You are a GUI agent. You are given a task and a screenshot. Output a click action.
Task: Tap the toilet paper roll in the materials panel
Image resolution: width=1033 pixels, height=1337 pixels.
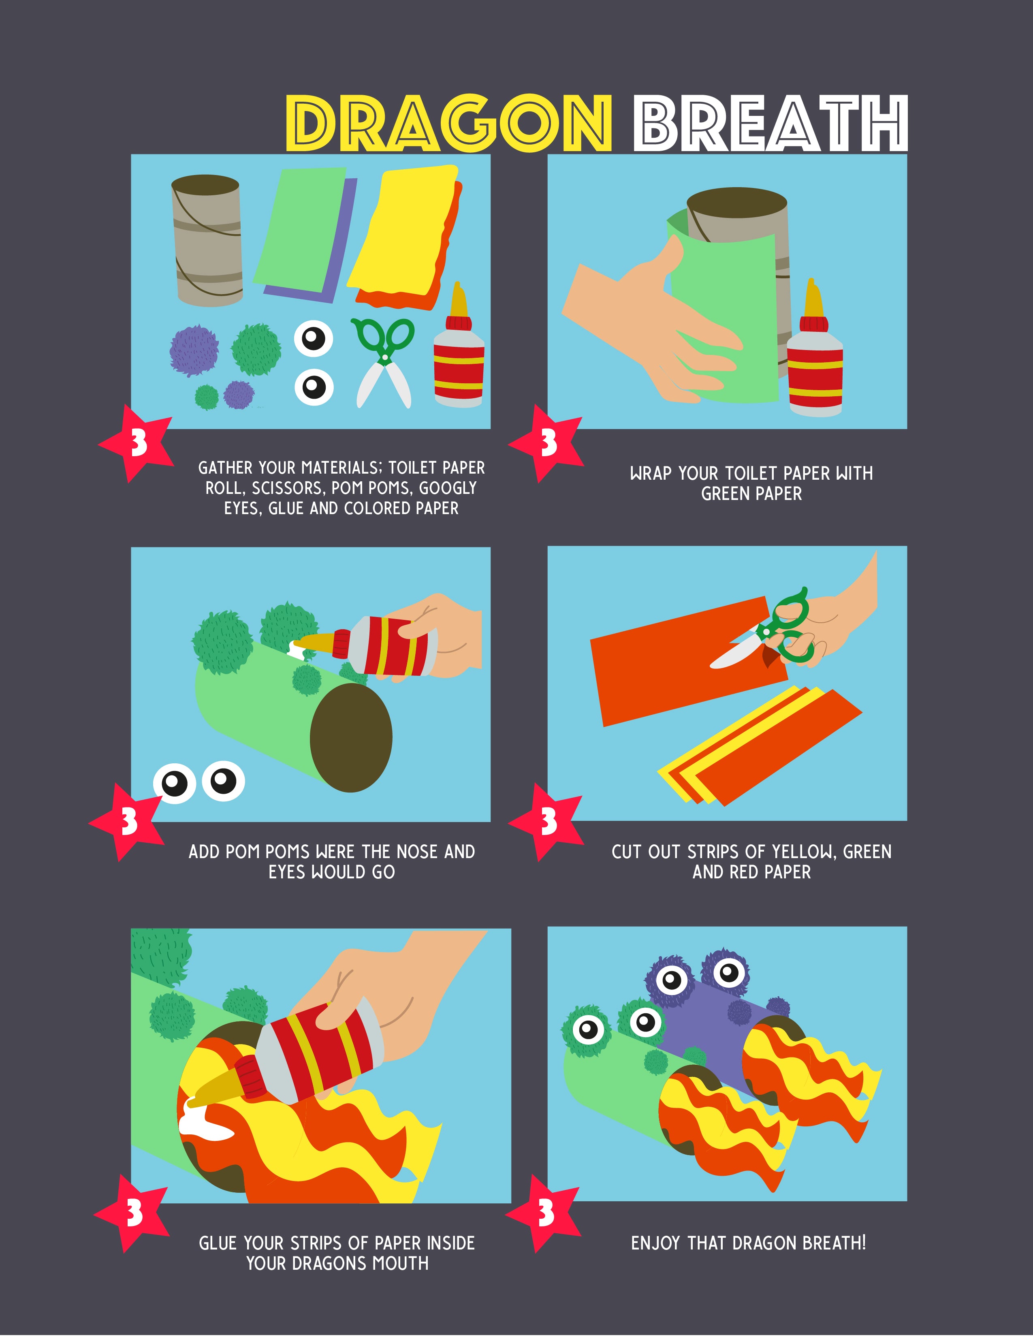tap(207, 240)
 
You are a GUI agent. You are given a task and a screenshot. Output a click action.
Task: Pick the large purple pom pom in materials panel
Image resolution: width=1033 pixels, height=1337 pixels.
tap(193, 350)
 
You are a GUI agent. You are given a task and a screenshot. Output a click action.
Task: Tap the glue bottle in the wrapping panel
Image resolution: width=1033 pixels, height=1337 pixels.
tap(815, 348)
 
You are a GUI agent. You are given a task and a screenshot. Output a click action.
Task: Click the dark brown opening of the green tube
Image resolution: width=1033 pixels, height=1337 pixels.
tap(351, 738)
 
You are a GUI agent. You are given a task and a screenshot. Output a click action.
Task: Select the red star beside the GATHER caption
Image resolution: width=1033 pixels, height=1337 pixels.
tap(136, 442)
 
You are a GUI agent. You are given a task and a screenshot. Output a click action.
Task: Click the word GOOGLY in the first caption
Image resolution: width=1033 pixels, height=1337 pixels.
tap(447, 488)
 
